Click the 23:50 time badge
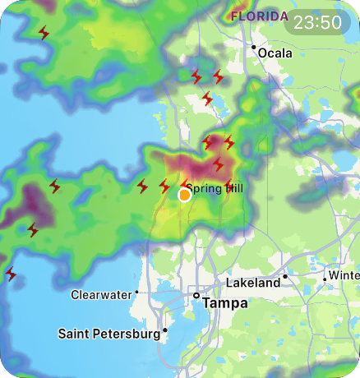(x=321, y=22)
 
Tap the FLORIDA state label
(x=259, y=16)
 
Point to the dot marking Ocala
(x=254, y=47)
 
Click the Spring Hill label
(x=215, y=189)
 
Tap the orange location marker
(x=185, y=195)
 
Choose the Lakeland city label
(x=253, y=283)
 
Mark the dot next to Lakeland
(x=285, y=276)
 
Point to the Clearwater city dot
(x=137, y=292)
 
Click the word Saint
(x=76, y=334)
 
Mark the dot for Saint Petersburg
(x=165, y=330)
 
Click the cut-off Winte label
(x=344, y=274)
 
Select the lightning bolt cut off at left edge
(x=11, y=274)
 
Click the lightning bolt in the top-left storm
(x=44, y=33)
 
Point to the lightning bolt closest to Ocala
(x=218, y=76)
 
